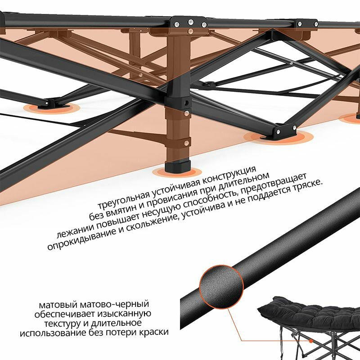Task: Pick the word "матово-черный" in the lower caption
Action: [121, 304]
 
